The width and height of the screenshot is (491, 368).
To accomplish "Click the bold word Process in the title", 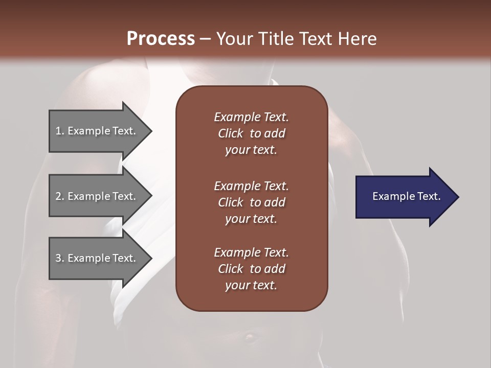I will [161, 39].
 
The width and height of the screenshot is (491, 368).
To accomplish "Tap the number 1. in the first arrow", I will [60, 131].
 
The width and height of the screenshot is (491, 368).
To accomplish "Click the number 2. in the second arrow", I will [60, 196].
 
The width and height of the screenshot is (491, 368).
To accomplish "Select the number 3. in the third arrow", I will [60, 258].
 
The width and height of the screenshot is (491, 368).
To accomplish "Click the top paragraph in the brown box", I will [251, 133].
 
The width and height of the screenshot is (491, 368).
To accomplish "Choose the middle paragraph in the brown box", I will [251, 202].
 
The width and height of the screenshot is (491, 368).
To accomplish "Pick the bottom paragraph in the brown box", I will [251, 269].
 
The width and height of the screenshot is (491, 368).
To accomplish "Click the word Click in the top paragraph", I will [230, 133].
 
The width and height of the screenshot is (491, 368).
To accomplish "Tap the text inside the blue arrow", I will [406, 196].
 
